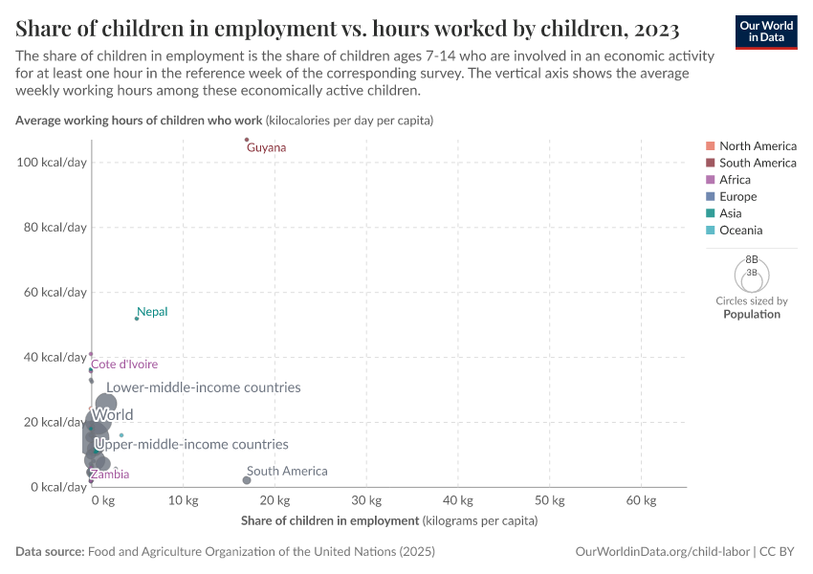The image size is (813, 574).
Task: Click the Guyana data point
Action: click(247, 140)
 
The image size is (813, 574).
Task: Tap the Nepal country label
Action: click(153, 312)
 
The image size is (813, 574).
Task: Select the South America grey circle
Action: click(247, 480)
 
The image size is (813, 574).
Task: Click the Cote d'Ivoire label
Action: click(124, 364)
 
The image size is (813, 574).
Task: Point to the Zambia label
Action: click(110, 475)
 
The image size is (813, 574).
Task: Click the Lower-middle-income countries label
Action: click(204, 387)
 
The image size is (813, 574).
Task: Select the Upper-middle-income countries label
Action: click(191, 445)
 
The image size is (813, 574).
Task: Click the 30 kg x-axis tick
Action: click(366, 500)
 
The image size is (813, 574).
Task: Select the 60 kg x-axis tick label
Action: click(641, 500)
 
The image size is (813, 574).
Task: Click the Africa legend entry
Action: click(735, 180)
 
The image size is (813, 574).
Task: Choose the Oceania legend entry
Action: click(740, 231)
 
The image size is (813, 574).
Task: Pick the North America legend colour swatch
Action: click(709, 146)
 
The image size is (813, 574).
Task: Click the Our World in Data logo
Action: click(766, 31)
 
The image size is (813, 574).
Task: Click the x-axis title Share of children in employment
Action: click(330, 520)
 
